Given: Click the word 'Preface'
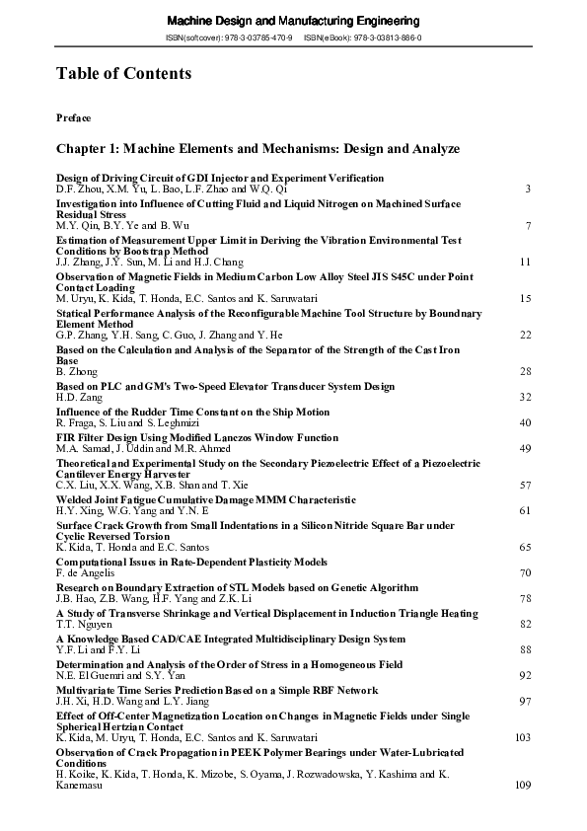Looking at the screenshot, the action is [x=74, y=118].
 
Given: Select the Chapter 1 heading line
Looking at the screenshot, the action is [x=257, y=148].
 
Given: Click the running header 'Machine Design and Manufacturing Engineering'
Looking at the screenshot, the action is [x=293, y=21].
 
